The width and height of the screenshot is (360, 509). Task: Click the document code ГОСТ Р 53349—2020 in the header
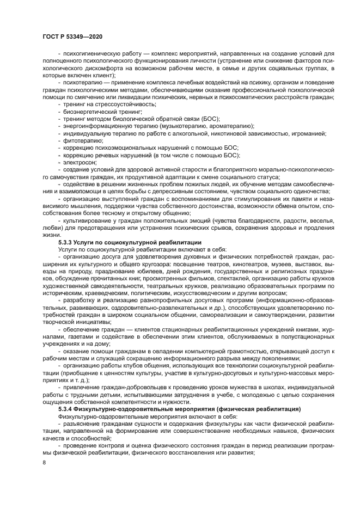pyautogui.click(x=72, y=36)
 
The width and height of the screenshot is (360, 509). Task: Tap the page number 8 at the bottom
pyautogui.click(x=44, y=462)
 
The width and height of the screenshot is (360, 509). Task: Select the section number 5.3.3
pyautogui.click(x=66, y=241)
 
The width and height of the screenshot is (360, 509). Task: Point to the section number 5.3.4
pyautogui.click(x=66, y=408)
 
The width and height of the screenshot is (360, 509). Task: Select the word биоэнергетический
pyautogui.click(x=88, y=111)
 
